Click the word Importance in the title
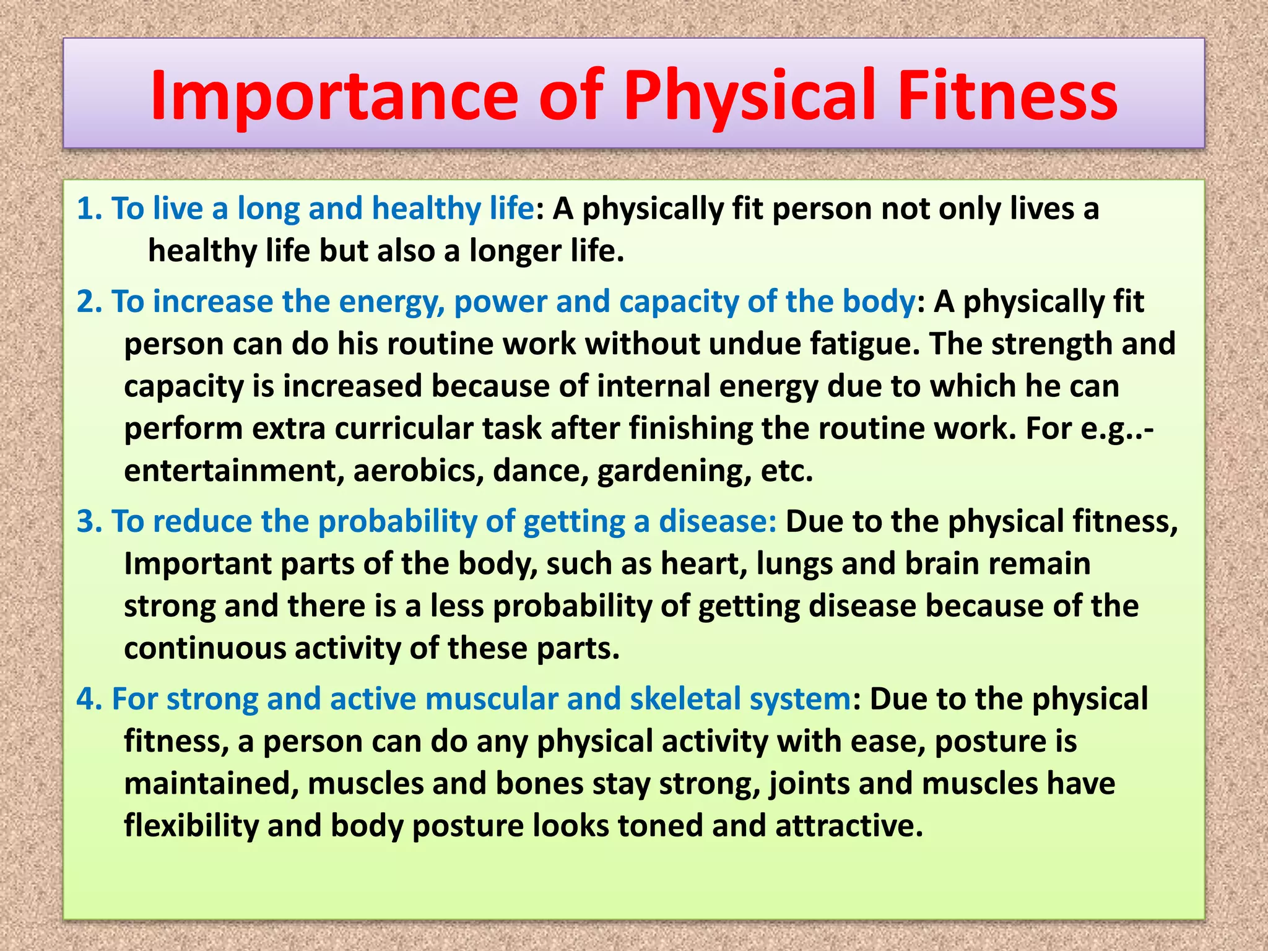[334, 96]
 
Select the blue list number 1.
[89, 209]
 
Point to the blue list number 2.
[89, 302]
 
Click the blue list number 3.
[89, 521]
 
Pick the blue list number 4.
[89, 699]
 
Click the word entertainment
[233, 471]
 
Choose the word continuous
[204, 649]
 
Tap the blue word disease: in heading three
[717, 521]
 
